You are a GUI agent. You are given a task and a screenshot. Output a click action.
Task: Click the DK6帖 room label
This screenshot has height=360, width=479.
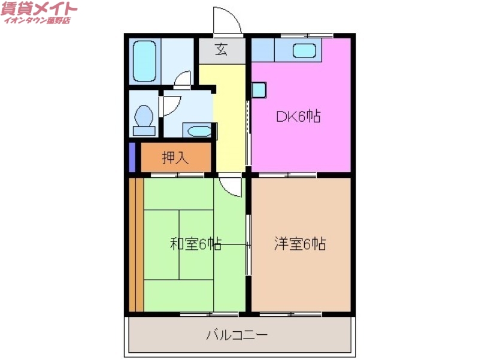(x=298, y=117)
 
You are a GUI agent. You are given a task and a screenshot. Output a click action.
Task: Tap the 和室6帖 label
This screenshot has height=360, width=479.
(x=196, y=244)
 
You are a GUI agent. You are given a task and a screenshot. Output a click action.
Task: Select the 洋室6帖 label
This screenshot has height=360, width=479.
(x=300, y=244)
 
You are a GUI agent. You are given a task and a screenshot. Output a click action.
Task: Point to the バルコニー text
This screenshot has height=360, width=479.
(x=238, y=334)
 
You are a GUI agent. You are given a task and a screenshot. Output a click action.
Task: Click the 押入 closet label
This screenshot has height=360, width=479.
(x=175, y=158)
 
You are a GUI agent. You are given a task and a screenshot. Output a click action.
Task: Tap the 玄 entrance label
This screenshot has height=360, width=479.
(x=222, y=50)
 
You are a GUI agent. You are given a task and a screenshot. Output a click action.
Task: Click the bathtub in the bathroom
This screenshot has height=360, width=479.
(x=144, y=60)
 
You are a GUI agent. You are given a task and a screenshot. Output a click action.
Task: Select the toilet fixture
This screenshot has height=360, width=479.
(x=144, y=117)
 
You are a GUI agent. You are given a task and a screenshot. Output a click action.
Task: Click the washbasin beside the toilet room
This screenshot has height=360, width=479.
(x=196, y=131)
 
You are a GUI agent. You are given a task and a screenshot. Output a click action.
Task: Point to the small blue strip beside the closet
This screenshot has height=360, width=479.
(x=132, y=158)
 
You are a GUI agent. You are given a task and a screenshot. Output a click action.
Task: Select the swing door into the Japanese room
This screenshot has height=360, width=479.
(x=230, y=184)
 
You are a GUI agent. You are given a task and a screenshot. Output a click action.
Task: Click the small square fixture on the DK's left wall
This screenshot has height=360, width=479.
(x=258, y=90)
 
